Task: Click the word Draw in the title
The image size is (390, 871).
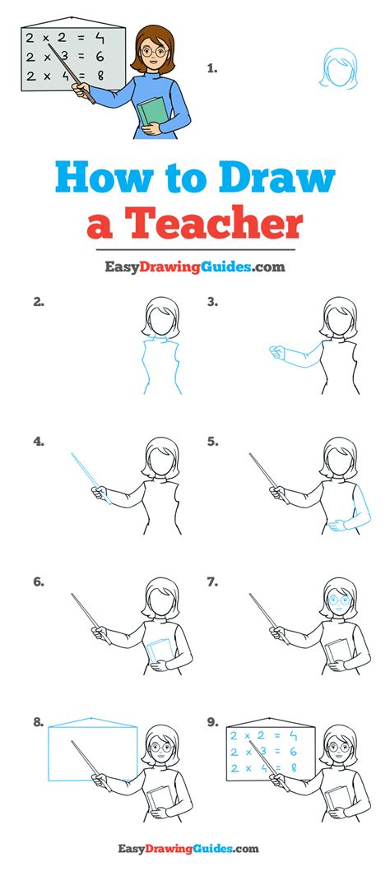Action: (277, 178)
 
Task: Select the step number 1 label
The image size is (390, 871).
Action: (211, 68)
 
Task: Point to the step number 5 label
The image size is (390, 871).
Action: (213, 442)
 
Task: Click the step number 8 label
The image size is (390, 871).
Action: (39, 723)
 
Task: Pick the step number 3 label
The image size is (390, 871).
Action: (213, 302)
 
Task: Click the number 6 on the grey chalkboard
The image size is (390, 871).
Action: (100, 57)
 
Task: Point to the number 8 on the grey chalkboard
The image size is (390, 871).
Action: (100, 76)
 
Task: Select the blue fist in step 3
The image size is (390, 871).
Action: (276, 352)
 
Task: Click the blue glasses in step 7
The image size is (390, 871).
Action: (338, 600)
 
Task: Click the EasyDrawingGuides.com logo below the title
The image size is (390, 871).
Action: (195, 267)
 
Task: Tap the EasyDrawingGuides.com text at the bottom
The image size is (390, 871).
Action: (188, 848)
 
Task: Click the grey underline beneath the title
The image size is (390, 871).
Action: (194, 250)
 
